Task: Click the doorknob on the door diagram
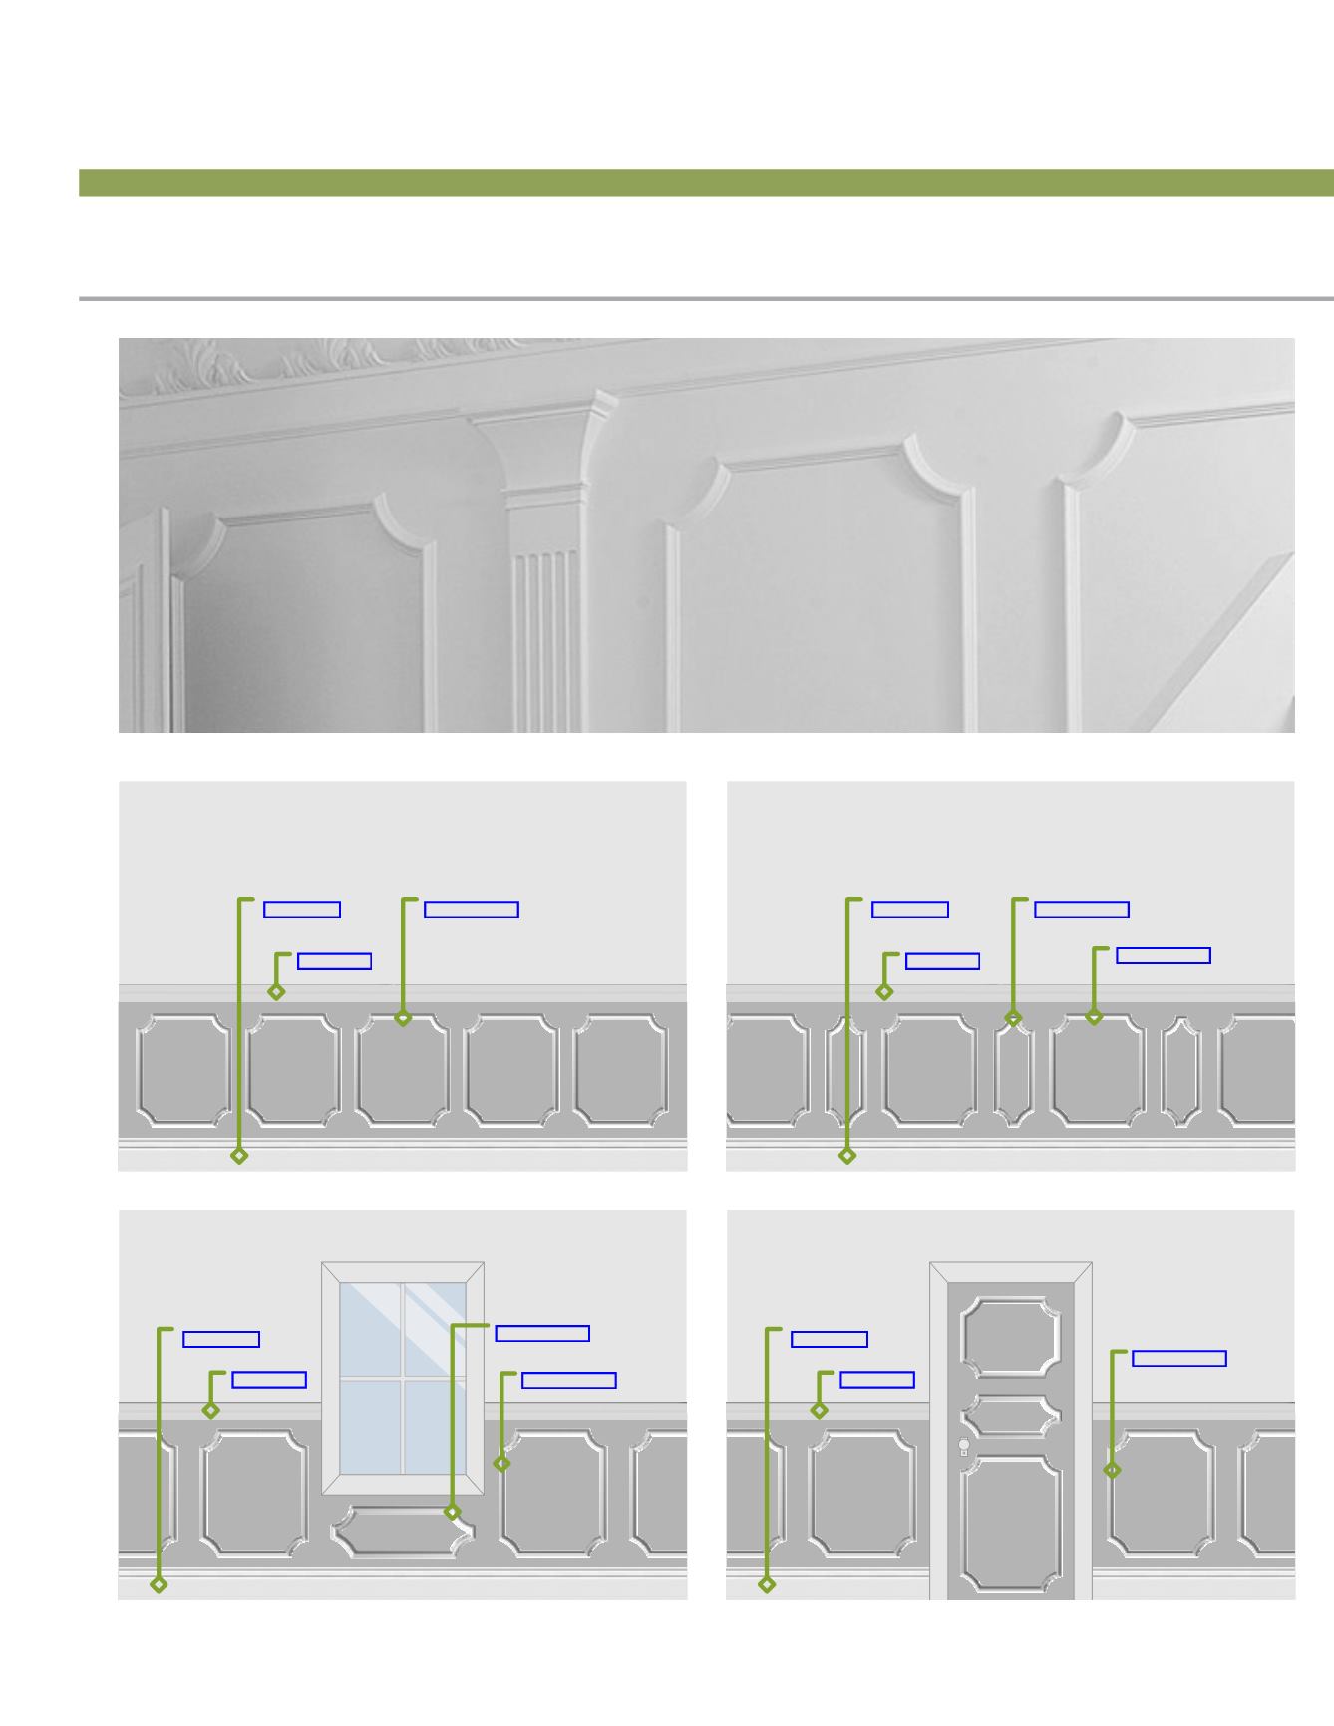click(964, 1445)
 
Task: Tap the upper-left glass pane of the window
click(370, 1329)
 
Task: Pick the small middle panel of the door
click(1011, 1415)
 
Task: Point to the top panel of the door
click(1011, 1337)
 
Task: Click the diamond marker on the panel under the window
click(452, 1512)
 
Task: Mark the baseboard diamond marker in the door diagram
click(767, 1584)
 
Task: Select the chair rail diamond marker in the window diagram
click(210, 1410)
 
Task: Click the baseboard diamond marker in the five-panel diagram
click(239, 1155)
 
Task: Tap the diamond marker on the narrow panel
click(1013, 1018)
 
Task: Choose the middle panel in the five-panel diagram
click(402, 1070)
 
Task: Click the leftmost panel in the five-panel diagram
click(183, 1070)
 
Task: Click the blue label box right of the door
click(1178, 1358)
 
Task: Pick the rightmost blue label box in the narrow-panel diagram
click(1163, 955)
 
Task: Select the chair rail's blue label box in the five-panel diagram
click(334, 961)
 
